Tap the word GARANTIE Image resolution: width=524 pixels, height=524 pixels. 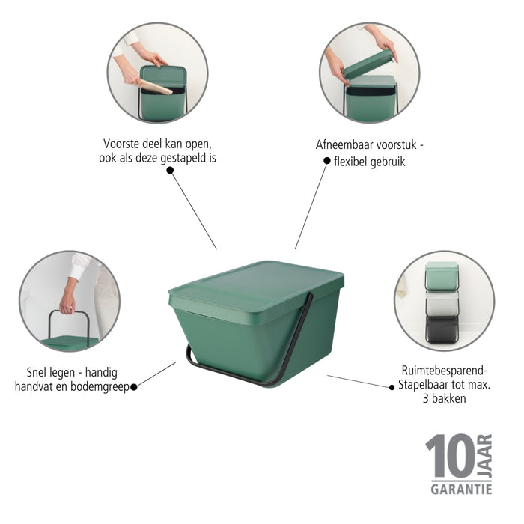(x=461, y=489)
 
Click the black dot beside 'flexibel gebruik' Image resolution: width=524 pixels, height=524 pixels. (x=327, y=160)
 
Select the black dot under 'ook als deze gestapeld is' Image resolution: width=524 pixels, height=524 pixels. (x=170, y=171)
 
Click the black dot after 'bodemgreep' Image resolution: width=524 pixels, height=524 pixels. (x=135, y=386)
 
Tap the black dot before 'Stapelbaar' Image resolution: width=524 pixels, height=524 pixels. (x=391, y=386)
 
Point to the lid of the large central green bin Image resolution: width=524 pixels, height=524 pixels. (x=258, y=284)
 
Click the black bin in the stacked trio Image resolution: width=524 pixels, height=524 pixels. (x=442, y=329)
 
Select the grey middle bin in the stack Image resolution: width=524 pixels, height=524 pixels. (x=442, y=303)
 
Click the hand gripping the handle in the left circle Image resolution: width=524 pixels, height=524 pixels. (x=68, y=302)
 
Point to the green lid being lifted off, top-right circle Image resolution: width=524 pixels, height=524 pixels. (x=368, y=64)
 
